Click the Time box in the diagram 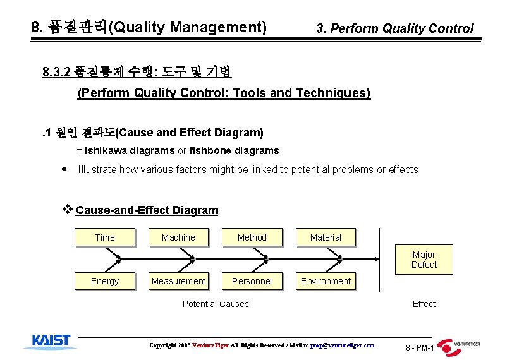[x=104, y=237]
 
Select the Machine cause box [x=178, y=237]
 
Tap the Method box [x=252, y=237]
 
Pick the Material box [x=326, y=237]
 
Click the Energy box [x=104, y=281]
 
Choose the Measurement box [x=178, y=281]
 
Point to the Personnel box [x=252, y=281]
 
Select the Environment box [x=326, y=281]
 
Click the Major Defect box [x=424, y=260]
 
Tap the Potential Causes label [x=216, y=304]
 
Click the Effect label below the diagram [x=424, y=304]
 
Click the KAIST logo [x=51, y=341]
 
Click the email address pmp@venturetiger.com [x=342, y=345]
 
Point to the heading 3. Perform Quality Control [x=394, y=28]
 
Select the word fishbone [x=212, y=150]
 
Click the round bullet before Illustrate [x=64, y=169]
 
